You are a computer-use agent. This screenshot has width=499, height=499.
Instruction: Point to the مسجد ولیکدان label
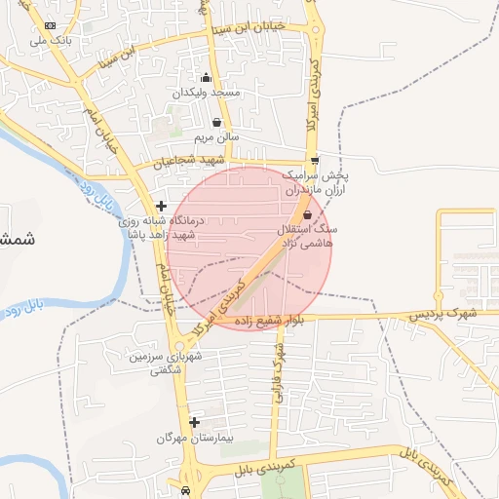pyautogui.click(x=206, y=94)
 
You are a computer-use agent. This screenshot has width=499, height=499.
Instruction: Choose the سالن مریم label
pyautogui.click(x=216, y=137)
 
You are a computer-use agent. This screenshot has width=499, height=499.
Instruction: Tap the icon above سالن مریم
pyautogui.click(x=216, y=123)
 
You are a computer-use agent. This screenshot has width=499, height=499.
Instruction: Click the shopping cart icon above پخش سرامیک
pyautogui.click(x=314, y=161)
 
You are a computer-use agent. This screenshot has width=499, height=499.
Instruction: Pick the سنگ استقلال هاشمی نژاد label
pyautogui.click(x=308, y=235)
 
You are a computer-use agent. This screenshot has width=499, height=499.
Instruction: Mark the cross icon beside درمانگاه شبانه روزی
pyautogui.click(x=161, y=207)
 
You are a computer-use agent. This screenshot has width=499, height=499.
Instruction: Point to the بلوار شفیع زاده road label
pyautogui.click(x=277, y=320)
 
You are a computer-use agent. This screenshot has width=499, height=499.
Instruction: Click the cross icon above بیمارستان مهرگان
pyautogui.click(x=195, y=422)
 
